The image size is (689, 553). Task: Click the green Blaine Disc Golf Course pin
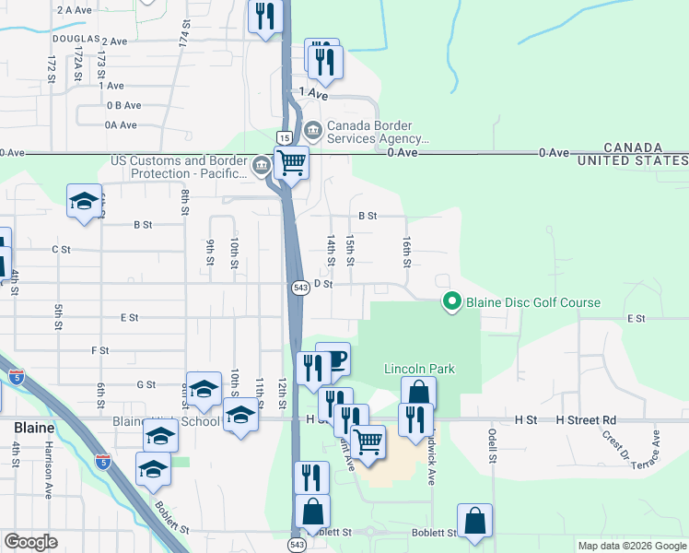(451, 301)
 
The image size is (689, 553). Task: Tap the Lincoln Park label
(419, 370)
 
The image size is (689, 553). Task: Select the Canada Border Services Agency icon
(312, 131)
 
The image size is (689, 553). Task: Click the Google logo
(30, 542)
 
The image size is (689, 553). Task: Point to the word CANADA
(633, 147)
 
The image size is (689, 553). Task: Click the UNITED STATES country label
(633, 161)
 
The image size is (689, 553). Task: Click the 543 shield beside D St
(300, 287)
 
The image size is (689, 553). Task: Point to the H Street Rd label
(585, 419)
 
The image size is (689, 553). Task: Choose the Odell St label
(493, 445)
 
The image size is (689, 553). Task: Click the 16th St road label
(406, 252)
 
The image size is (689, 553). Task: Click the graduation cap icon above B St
(83, 203)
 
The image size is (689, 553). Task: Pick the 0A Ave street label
(121, 124)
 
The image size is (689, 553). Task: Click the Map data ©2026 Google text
(631, 546)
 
